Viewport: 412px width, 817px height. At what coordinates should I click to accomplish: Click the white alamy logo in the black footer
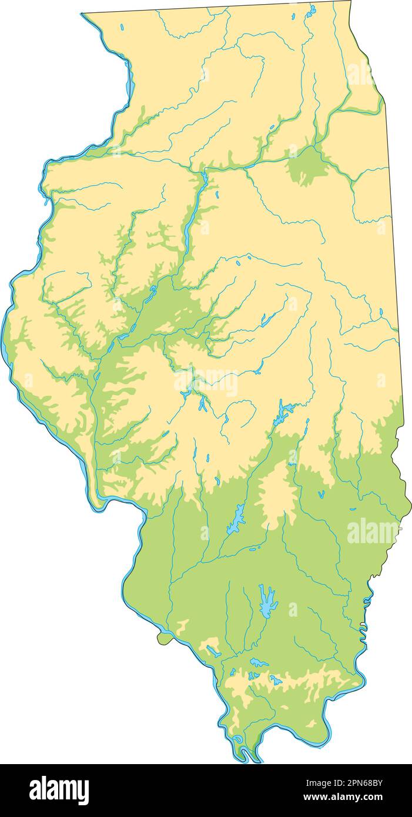pyautogui.click(x=59, y=790)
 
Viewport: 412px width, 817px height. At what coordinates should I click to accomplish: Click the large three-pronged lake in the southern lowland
pyautogui.click(x=267, y=600)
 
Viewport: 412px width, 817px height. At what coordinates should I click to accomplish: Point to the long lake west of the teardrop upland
pyautogui.click(x=236, y=520)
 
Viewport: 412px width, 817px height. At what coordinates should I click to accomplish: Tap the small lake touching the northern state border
pyautogui.click(x=311, y=10)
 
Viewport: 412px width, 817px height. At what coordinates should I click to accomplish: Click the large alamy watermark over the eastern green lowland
pyautogui.click(x=374, y=532)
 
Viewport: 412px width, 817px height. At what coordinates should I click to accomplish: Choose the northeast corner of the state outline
pyautogui.click(x=351, y=2)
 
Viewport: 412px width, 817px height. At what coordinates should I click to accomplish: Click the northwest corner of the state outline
pyautogui.click(x=82, y=14)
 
